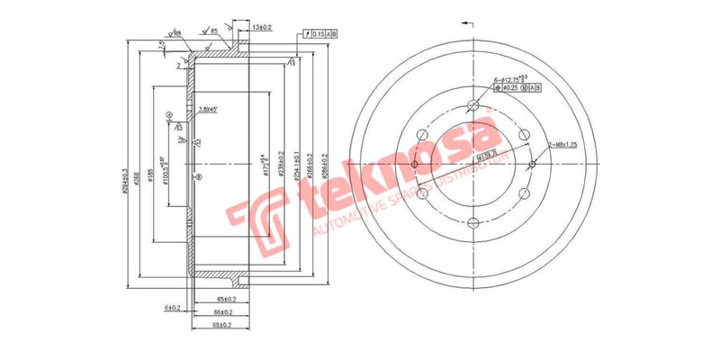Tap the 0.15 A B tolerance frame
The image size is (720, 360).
coord(319,33)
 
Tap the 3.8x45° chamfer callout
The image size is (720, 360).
coord(207,111)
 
